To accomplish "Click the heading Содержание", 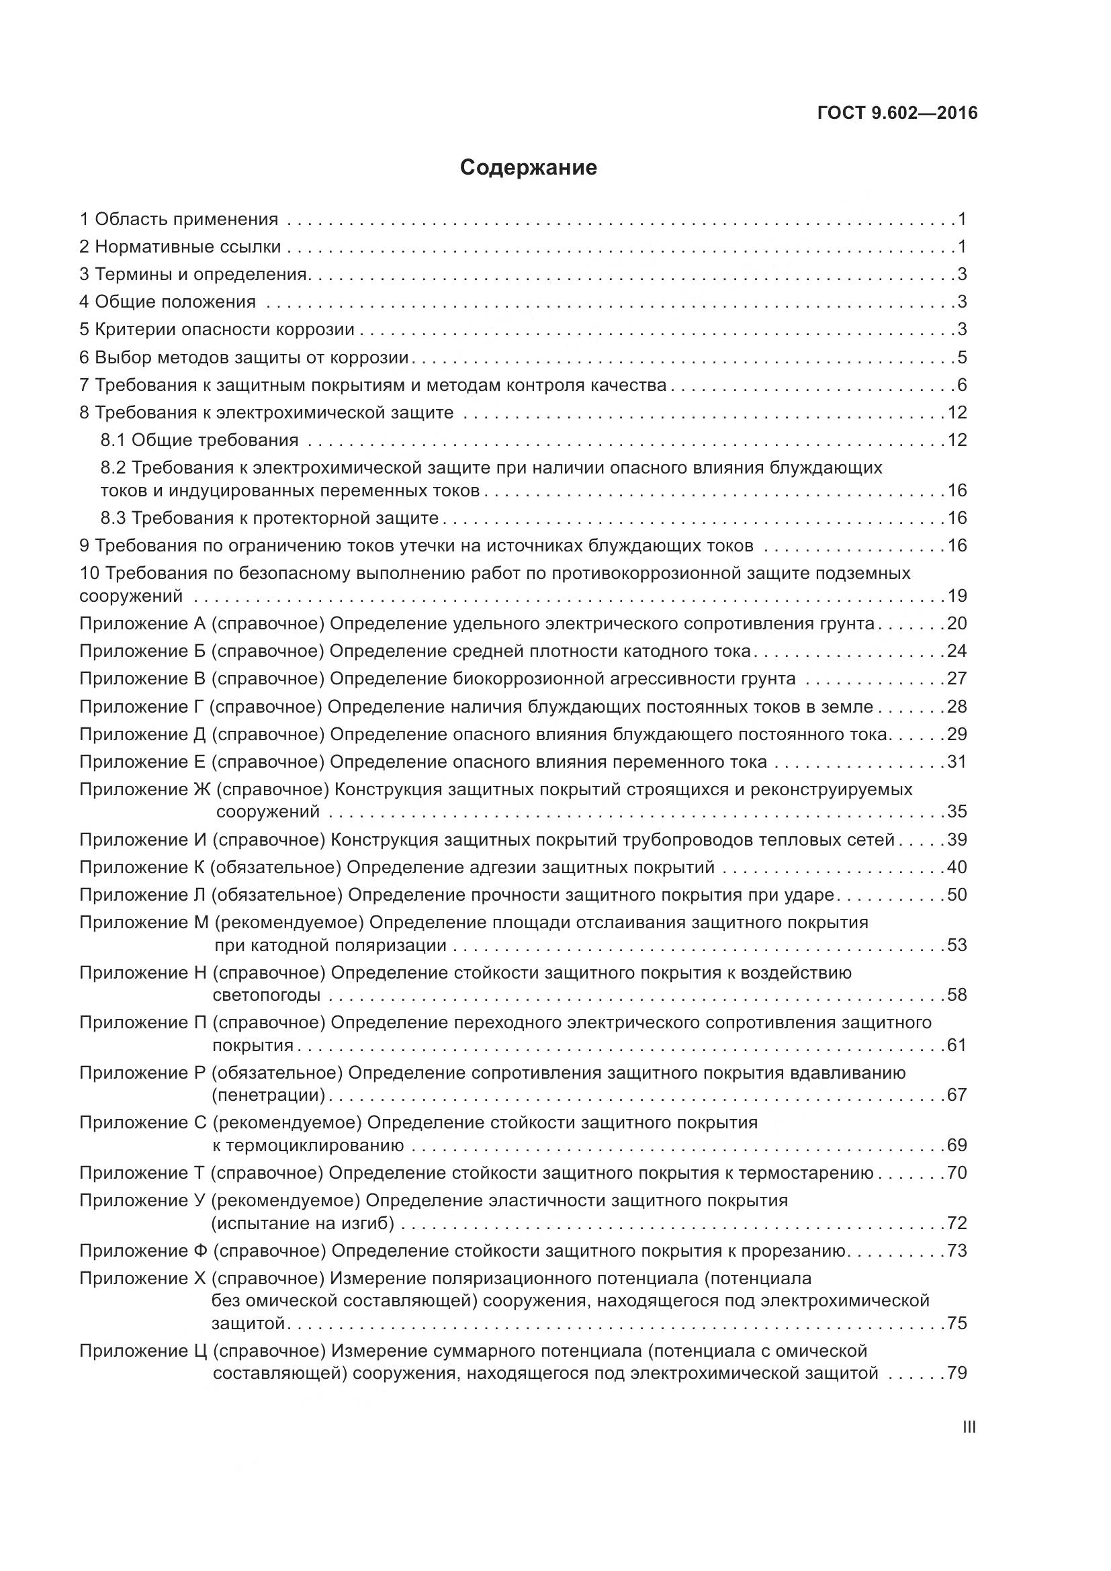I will (x=528, y=168).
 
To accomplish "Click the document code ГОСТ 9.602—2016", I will (x=897, y=113).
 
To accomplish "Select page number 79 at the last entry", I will (x=957, y=1374).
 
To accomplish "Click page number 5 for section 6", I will (x=962, y=357).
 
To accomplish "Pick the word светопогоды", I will (x=266, y=995).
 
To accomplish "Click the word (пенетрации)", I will (x=268, y=1095).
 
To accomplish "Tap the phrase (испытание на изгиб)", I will (x=302, y=1222).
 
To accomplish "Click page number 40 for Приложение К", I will (x=957, y=867).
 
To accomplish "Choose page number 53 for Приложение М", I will (x=957, y=945).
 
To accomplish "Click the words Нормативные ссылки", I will (x=187, y=247).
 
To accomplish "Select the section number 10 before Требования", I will (x=89, y=573).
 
